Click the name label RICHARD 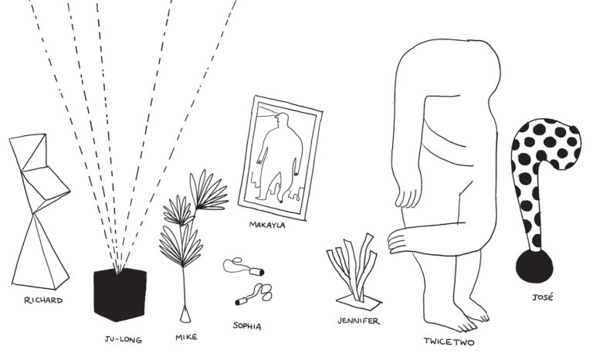click(43, 301)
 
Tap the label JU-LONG click(124, 340)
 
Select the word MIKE click(186, 337)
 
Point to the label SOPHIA click(247, 326)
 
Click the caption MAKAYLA click(267, 225)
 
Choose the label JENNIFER click(358, 321)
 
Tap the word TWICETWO click(449, 341)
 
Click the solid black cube click(120, 294)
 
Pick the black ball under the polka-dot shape click(534, 266)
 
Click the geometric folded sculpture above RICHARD click(39, 211)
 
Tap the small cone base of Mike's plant click(185, 314)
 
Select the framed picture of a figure click(280, 158)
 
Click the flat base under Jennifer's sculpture click(358, 302)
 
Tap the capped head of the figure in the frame click(281, 120)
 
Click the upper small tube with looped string click(243, 266)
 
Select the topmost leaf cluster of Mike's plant click(208, 190)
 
